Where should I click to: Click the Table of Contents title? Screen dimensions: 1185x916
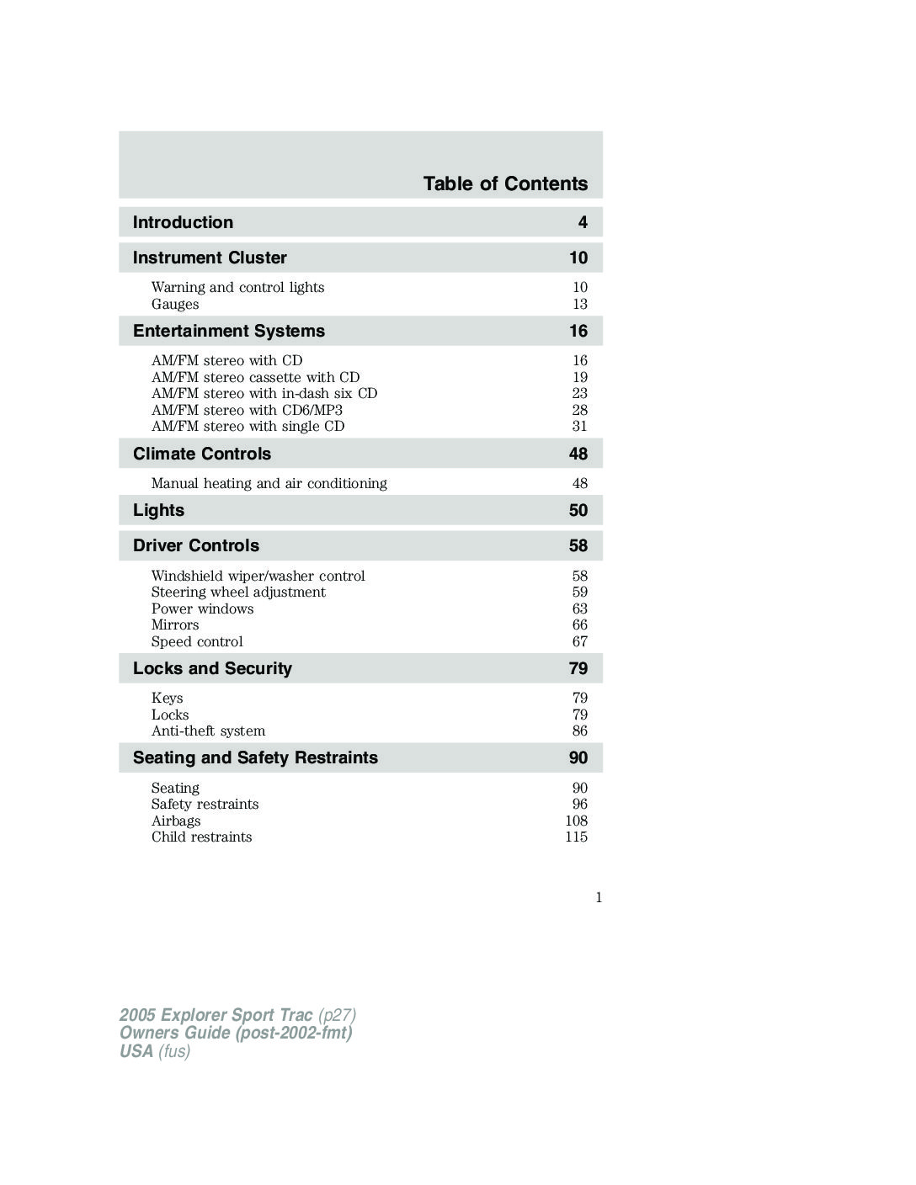tap(505, 183)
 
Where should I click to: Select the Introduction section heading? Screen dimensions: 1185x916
tap(183, 222)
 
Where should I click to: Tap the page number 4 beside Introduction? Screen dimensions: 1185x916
tap(583, 222)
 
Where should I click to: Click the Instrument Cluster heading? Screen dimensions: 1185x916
tap(210, 258)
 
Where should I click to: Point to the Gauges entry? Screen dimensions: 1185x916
tap(175, 304)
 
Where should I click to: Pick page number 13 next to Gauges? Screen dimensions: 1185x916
tap(579, 304)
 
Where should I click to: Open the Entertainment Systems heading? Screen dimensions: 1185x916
tap(228, 331)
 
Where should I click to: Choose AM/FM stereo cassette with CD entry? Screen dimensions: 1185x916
tap(255, 377)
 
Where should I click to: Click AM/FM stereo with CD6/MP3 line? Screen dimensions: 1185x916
tap(247, 410)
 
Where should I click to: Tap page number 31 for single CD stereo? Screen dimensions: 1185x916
tap(579, 426)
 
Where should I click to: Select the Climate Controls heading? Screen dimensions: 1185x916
tap(202, 454)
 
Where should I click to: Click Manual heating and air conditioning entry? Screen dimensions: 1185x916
tap(269, 483)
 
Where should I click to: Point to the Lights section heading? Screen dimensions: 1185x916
tap(158, 510)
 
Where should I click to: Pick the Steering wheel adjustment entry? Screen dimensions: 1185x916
tap(238, 592)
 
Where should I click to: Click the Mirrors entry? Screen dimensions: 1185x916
tap(175, 624)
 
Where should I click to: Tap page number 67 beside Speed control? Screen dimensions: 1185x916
tap(579, 641)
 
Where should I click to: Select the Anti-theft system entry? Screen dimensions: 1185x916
tap(208, 731)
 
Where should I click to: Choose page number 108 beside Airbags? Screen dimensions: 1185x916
tap(577, 821)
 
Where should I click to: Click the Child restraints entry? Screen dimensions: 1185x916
tap(201, 837)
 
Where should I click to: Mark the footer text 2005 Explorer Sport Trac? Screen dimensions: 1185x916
tap(216, 1015)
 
